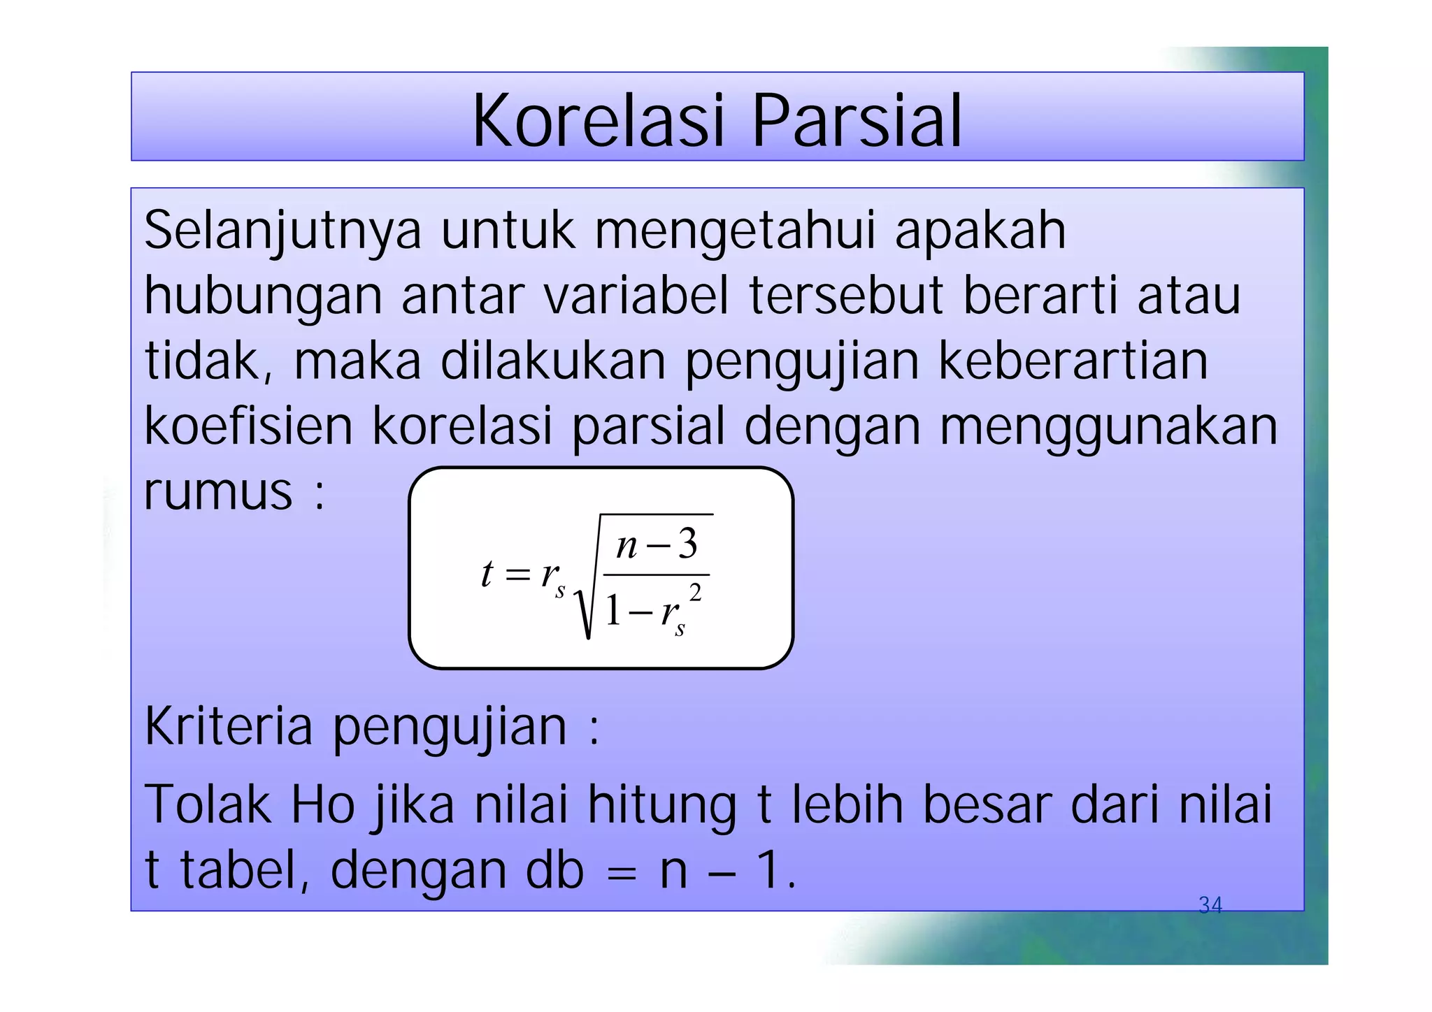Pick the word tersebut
[x=846, y=295]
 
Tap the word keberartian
[x=1073, y=361]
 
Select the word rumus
[x=218, y=492]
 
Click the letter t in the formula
[x=487, y=574]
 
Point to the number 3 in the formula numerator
[x=688, y=544]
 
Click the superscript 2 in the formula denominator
[x=695, y=593]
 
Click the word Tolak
[x=207, y=805]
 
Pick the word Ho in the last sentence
[x=323, y=805]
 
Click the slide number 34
[x=1210, y=906]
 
